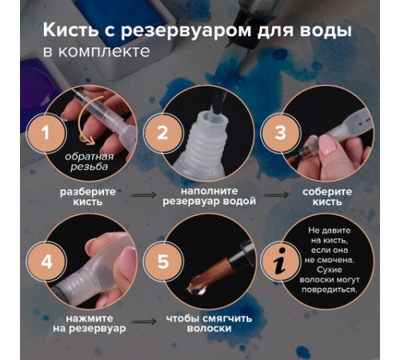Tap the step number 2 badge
tap(162, 134)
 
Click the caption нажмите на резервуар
tap(82, 326)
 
